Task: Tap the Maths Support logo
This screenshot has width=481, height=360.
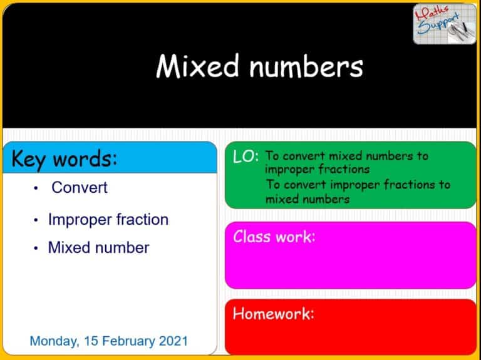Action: [x=444, y=24]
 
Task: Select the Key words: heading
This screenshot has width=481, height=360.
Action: [x=64, y=159]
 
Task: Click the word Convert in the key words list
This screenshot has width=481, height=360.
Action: [x=80, y=187]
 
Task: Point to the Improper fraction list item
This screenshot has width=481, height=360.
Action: [x=108, y=220]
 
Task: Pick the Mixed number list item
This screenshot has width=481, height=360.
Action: [x=98, y=247]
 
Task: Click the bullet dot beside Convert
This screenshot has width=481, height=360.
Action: [x=37, y=188]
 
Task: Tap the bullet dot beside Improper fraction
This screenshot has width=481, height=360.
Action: [x=37, y=220]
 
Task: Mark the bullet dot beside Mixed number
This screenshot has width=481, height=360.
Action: [x=37, y=248]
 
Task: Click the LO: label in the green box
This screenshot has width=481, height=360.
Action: [x=246, y=157]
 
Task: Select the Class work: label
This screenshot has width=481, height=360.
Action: [x=274, y=237]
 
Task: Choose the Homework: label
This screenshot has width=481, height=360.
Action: [x=272, y=313]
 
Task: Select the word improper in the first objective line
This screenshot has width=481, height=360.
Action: [x=286, y=169]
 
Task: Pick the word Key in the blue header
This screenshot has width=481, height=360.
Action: [x=29, y=159]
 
